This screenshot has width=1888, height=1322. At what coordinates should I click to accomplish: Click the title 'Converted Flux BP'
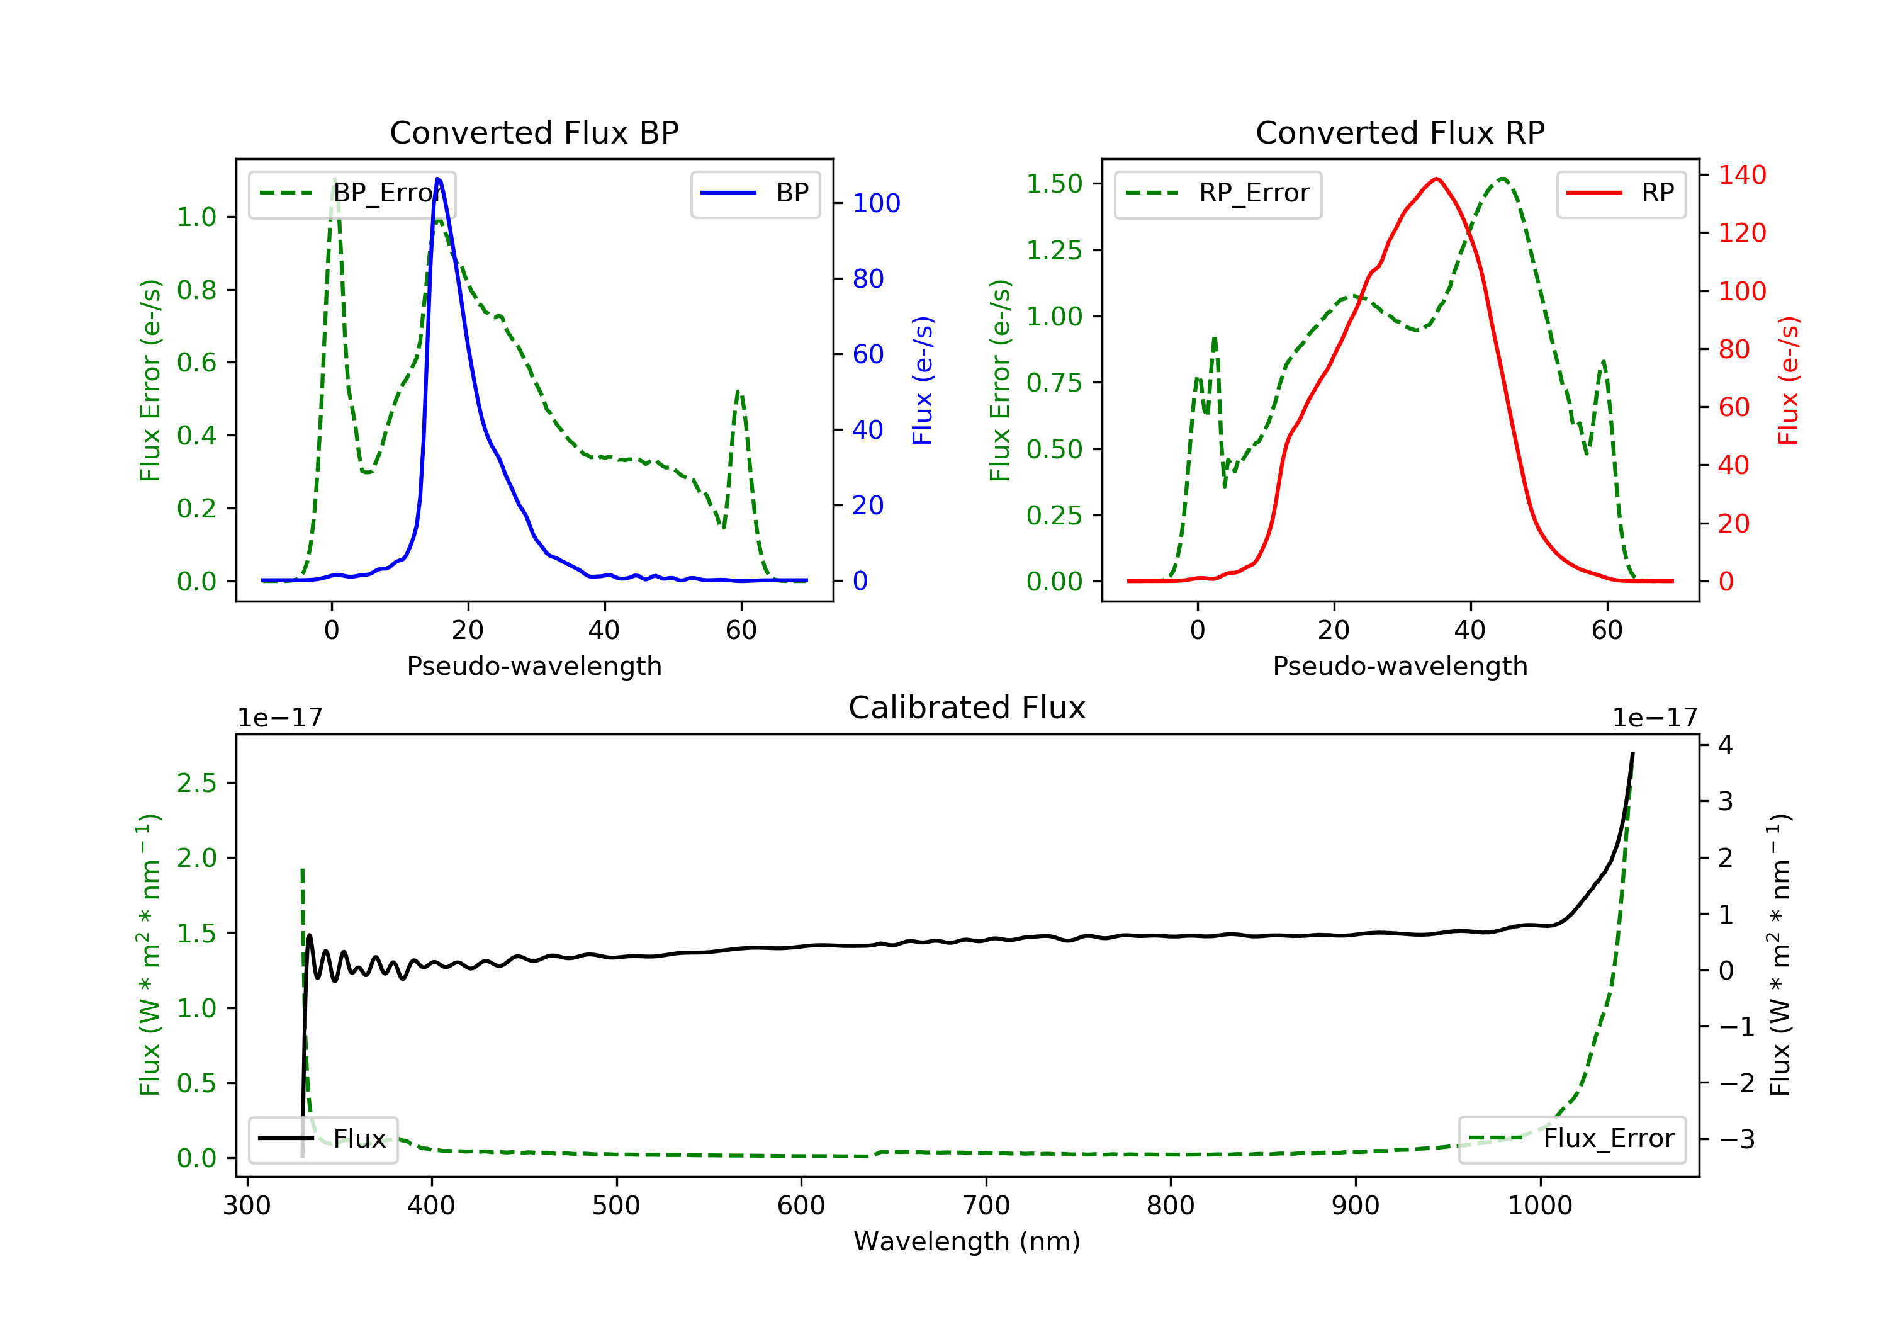pos(534,132)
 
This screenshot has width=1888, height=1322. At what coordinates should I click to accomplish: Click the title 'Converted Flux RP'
pos(1400,132)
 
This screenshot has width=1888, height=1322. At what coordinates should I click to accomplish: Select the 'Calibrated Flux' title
pos(967,708)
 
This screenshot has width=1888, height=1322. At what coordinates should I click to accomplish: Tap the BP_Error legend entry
pos(352,194)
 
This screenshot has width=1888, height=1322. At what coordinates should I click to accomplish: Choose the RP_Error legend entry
pos(1218,194)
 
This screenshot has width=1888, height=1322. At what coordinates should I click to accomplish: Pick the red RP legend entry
pos(1621,194)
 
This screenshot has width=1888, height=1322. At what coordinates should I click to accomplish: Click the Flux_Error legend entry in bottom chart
pos(1572,1139)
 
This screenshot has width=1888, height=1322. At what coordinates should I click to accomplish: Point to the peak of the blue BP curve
pos(437,179)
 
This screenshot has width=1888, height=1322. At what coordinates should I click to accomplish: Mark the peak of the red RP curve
pos(1437,179)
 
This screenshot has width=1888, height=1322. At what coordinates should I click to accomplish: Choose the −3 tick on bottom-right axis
pos(1738,1139)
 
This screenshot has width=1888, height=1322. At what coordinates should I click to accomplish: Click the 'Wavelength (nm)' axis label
pos(967,1241)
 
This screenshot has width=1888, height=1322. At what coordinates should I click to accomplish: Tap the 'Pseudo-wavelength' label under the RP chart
pos(1400,666)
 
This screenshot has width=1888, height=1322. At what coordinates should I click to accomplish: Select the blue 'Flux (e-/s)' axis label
pos(923,380)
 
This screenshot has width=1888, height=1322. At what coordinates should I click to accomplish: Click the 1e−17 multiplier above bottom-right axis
pos(1655,718)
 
